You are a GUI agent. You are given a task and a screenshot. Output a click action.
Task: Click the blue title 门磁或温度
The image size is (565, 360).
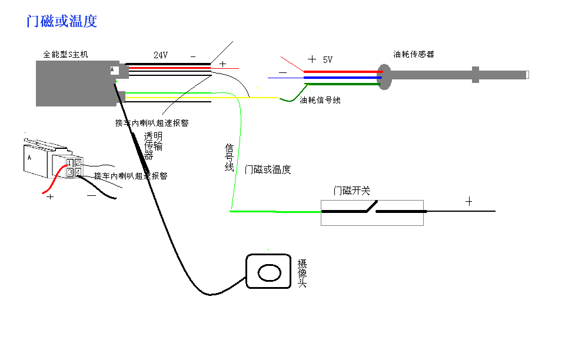62,22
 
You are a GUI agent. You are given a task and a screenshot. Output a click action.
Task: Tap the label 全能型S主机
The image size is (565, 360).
66,54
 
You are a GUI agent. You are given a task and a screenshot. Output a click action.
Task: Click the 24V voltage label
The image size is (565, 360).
161,55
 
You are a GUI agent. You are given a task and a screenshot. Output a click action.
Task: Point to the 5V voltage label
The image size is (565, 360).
327,59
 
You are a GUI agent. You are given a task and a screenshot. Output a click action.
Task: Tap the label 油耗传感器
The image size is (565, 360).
414,54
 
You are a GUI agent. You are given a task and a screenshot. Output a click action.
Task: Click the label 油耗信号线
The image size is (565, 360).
320,101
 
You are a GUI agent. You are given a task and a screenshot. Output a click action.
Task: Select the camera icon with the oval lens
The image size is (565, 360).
269,271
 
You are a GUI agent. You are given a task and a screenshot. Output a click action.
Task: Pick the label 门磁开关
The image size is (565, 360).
352,191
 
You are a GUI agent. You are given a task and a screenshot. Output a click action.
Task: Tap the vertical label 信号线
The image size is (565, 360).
230,157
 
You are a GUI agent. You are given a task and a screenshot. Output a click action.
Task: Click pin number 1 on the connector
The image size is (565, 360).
69,163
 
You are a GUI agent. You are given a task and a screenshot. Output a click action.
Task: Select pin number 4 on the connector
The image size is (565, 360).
77,172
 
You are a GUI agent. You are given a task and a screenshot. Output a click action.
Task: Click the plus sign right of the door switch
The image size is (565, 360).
469,201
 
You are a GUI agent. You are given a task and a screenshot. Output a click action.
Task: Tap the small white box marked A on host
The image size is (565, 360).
114,71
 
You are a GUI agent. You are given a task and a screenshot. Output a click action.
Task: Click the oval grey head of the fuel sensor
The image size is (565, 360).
384,76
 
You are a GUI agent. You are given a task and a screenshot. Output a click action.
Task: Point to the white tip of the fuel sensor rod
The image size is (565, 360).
527,75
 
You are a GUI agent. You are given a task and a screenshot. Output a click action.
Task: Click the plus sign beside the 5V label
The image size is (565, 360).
312,59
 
